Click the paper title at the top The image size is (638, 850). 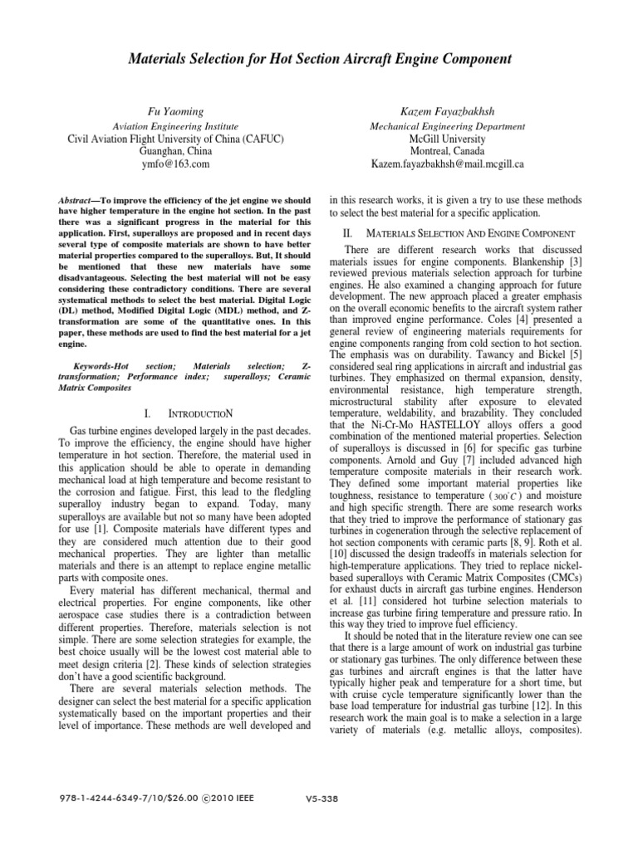point(318,59)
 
